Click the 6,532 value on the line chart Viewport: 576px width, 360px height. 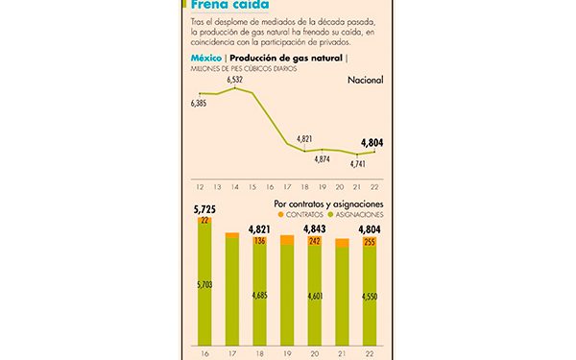tap(234, 80)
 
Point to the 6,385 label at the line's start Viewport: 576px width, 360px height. tap(201, 102)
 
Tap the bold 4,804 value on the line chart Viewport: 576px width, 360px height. tap(372, 143)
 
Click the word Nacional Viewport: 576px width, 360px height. tap(364, 80)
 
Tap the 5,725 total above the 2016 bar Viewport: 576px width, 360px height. tap(204, 208)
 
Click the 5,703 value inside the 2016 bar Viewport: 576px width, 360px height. tap(204, 284)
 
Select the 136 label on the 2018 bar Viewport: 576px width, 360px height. tap(260, 241)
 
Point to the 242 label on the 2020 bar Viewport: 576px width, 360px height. tap(315, 242)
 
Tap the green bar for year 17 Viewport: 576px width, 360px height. tap(232, 288)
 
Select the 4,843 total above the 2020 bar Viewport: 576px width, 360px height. tap(315, 228)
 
